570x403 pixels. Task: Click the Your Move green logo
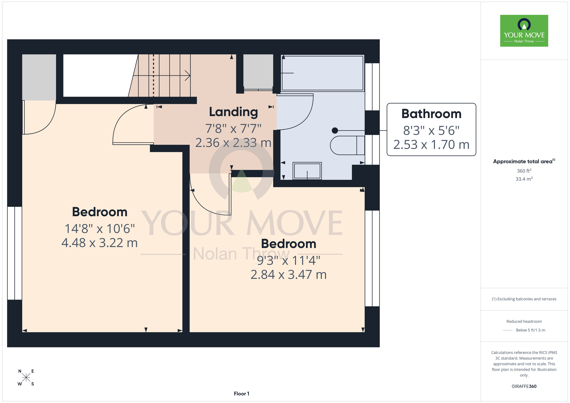(x=524, y=31)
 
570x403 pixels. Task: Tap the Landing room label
(x=233, y=112)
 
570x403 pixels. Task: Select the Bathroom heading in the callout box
(x=431, y=114)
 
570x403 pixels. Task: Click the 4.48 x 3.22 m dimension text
(x=99, y=243)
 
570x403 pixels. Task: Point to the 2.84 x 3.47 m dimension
(x=288, y=275)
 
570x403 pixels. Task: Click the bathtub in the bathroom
(x=322, y=73)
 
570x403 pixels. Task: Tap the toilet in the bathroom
(x=347, y=145)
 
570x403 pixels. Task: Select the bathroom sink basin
(x=307, y=171)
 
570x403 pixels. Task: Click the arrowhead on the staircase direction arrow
(x=188, y=76)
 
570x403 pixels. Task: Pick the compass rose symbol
(x=26, y=378)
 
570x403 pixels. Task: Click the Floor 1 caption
(x=241, y=394)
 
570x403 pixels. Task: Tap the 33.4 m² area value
(x=524, y=179)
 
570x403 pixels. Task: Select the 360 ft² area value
(x=524, y=171)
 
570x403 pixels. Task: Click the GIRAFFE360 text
(x=524, y=386)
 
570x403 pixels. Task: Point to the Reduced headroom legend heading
(x=524, y=321)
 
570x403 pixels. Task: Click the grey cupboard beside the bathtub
(x=258, y=72)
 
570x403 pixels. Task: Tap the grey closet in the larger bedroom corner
(x=39, y=77)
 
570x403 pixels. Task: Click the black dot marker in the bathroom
(x=335, y=131)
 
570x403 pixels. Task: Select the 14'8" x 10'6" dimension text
(x=99, y=229)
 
